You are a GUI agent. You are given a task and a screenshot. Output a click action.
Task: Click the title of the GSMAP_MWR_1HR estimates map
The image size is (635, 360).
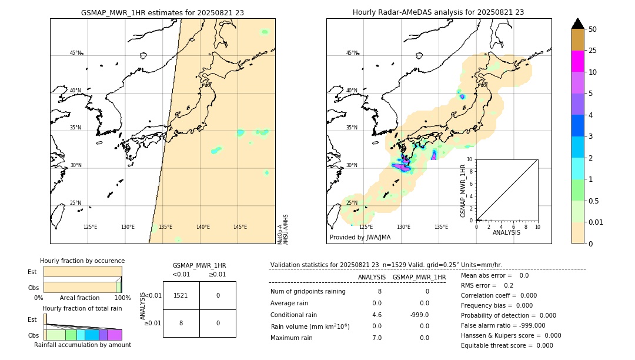(x=162, y=12)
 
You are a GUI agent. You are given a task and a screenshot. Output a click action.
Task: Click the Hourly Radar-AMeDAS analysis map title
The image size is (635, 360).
(x=438, y=12)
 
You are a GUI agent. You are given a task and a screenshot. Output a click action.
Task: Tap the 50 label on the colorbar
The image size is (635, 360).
(x=593, y=29)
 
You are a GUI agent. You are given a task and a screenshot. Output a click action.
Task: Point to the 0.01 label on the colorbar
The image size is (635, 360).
(x=596, y=222)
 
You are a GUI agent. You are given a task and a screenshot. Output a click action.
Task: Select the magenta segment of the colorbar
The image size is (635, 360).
(x=577, y=61)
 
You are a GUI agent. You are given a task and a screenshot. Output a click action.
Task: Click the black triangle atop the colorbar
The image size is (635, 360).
(x=577, y=24)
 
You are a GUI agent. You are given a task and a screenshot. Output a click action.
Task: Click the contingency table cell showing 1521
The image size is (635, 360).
(x=181, y=295)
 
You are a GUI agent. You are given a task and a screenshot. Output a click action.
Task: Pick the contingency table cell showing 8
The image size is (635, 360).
(x=181, y=323)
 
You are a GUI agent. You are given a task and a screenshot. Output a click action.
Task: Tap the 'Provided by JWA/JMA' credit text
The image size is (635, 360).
(x=360, y=237)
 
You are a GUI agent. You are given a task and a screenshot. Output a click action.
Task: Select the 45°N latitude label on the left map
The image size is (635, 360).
(x=75, y=53)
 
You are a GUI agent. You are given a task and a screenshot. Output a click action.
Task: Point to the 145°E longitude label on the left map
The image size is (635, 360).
(x=240, y=227)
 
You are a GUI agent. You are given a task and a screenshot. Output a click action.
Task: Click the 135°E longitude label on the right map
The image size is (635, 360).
(x=441, y=227)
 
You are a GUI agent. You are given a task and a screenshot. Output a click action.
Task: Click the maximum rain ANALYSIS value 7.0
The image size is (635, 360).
(x=376, y=338)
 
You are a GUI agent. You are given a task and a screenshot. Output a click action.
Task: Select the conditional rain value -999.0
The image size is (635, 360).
(x=419, y=315)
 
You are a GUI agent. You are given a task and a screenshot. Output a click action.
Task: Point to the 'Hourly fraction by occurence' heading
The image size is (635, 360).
(x=82, y=261)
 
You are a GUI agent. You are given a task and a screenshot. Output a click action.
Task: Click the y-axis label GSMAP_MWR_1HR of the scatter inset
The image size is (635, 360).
(x=463, y=191)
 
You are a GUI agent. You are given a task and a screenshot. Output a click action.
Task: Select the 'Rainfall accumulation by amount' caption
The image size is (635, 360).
(x=82, y=345)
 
